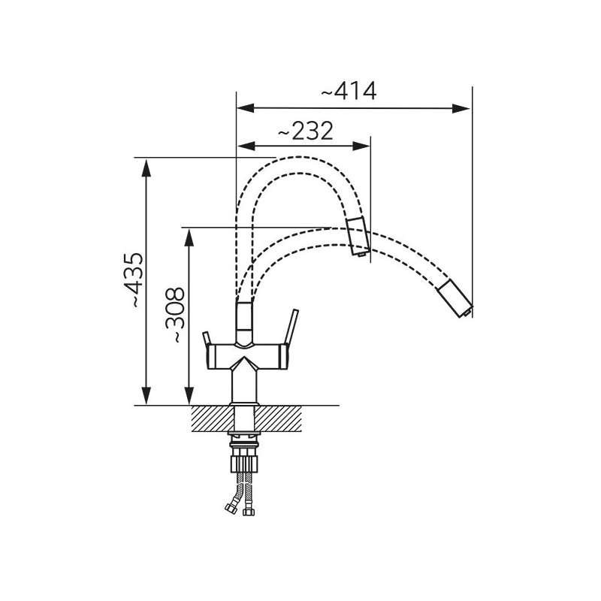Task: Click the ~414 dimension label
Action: pos(348,92)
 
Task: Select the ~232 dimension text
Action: pos(305,131)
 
